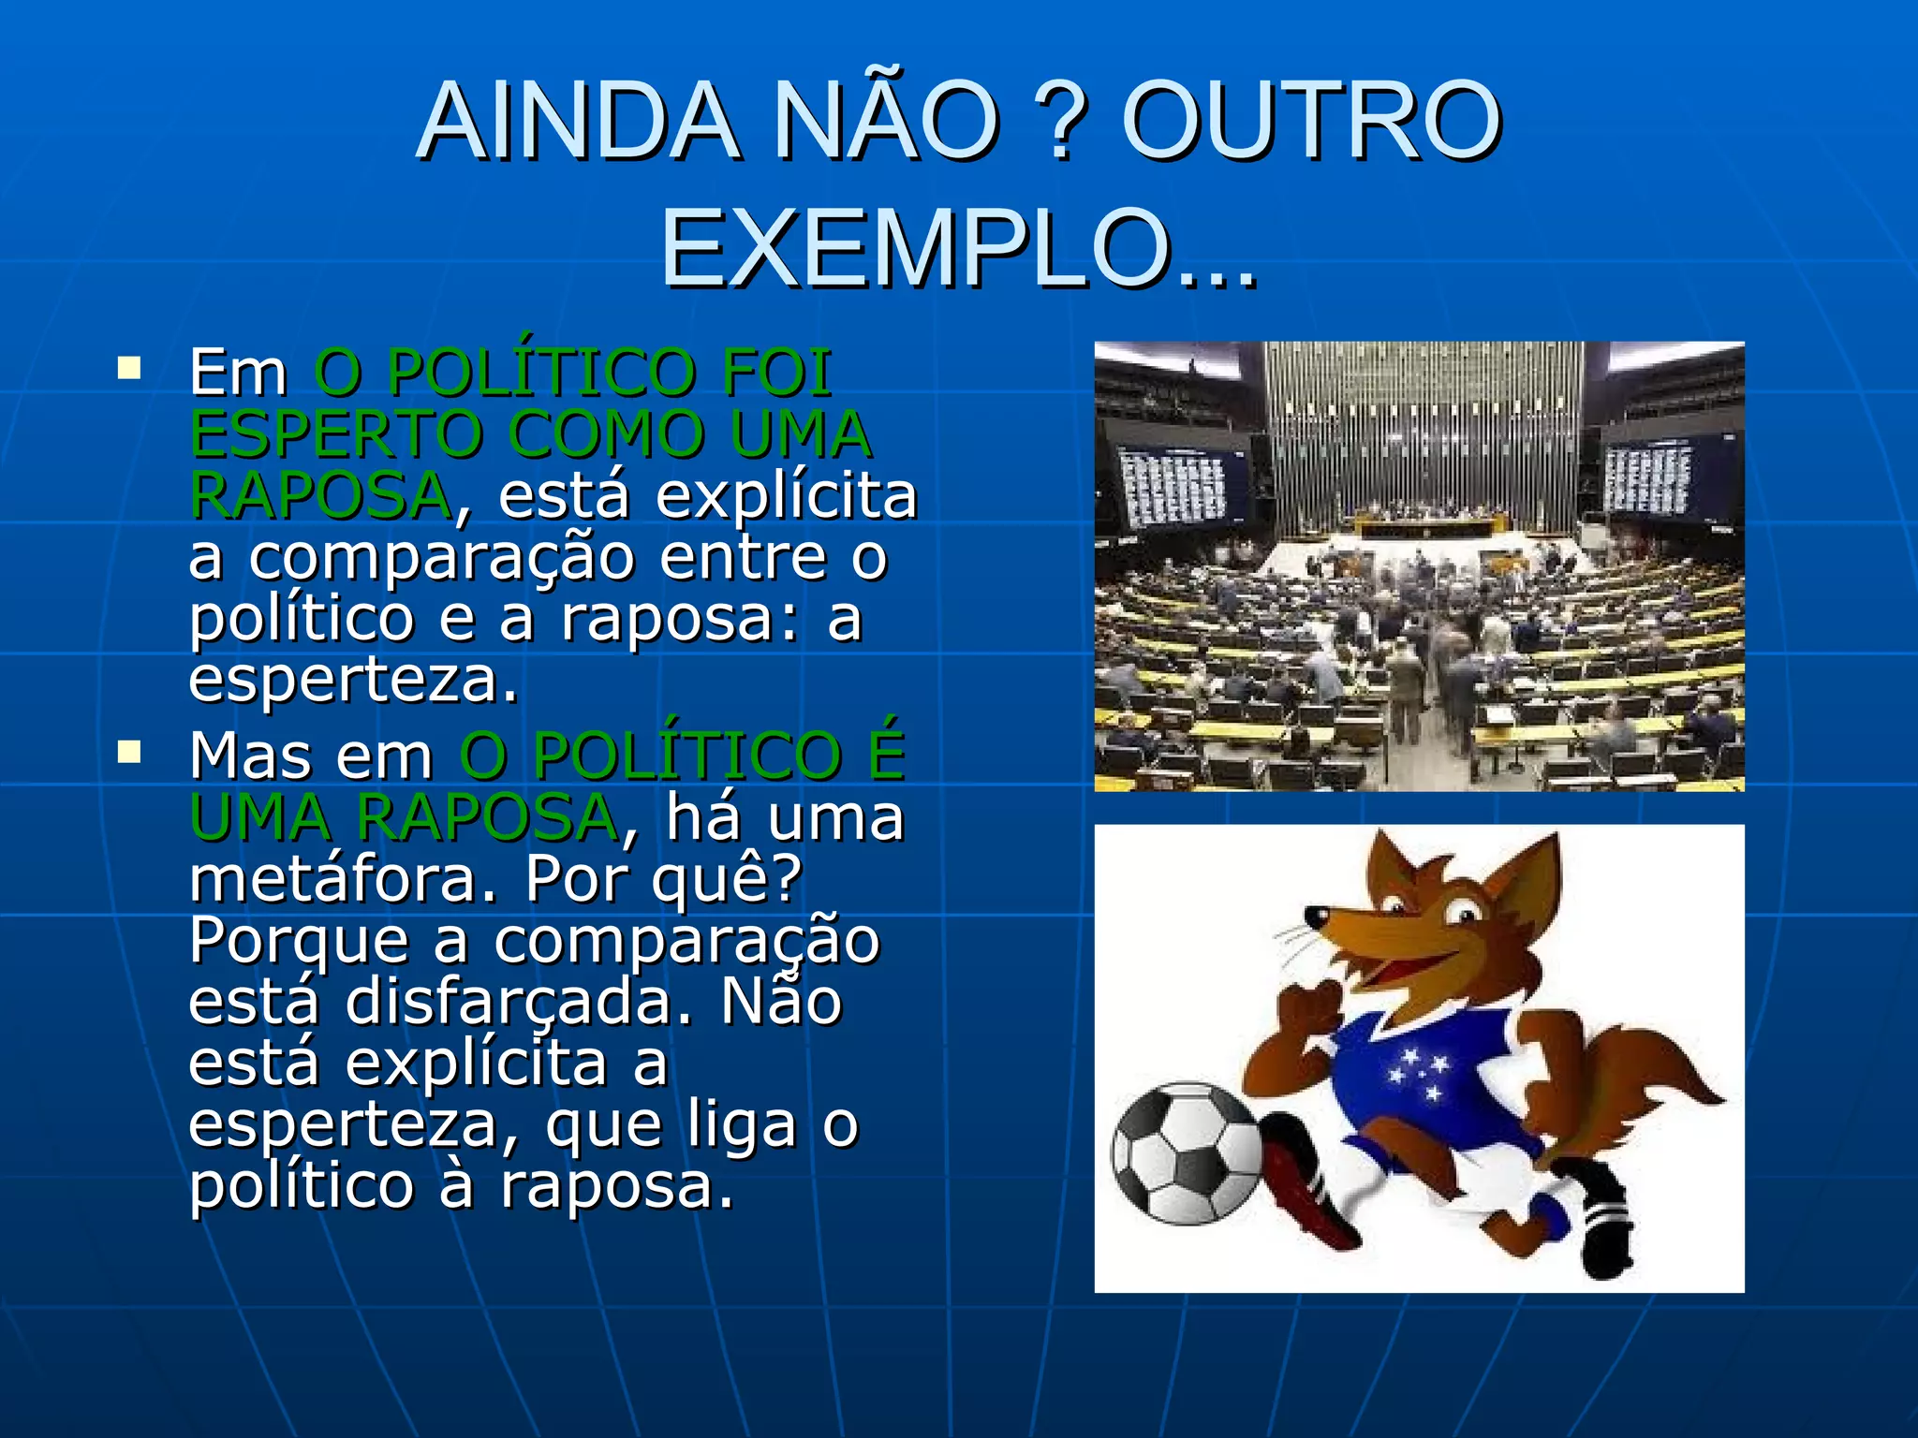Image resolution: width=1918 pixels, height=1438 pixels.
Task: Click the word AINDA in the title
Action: click(579, 123)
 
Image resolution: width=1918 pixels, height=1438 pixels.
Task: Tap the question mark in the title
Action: click(1062, 123)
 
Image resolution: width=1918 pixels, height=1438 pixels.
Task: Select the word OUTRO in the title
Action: click(1311, 123)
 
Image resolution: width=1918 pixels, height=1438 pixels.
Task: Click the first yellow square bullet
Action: click(129, 367)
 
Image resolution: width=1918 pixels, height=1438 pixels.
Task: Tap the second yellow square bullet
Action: click(129, 752)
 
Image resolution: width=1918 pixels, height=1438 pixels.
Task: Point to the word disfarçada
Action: click(519, 1002)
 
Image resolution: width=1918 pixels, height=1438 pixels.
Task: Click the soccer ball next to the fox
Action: click(1188, 1153)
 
